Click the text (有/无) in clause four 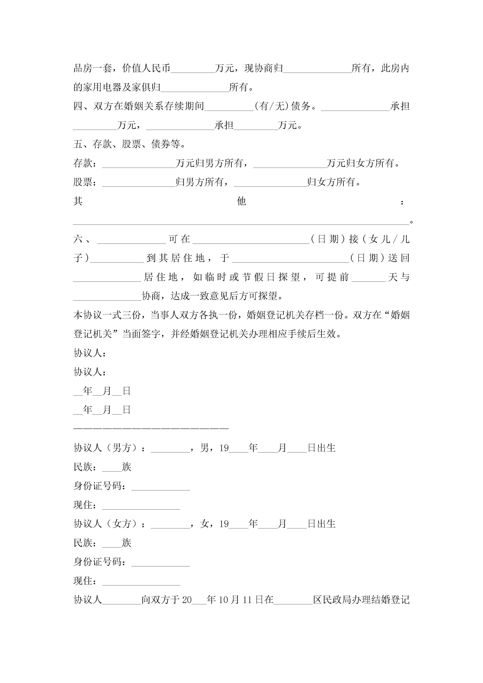pos(272,106)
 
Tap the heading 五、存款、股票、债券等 pos(130,144)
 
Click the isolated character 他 pos(241,201)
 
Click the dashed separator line pos(151,428)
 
